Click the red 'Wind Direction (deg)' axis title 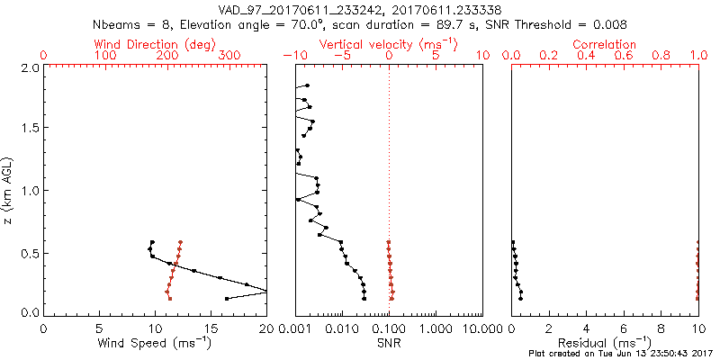[156, 44]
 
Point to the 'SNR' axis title [389, 344]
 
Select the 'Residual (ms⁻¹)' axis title [605, 344]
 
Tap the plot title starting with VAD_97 [359, 9]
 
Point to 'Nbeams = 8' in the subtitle [130, 24]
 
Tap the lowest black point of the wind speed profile [226, 298]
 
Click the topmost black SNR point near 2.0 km [307, 85]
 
